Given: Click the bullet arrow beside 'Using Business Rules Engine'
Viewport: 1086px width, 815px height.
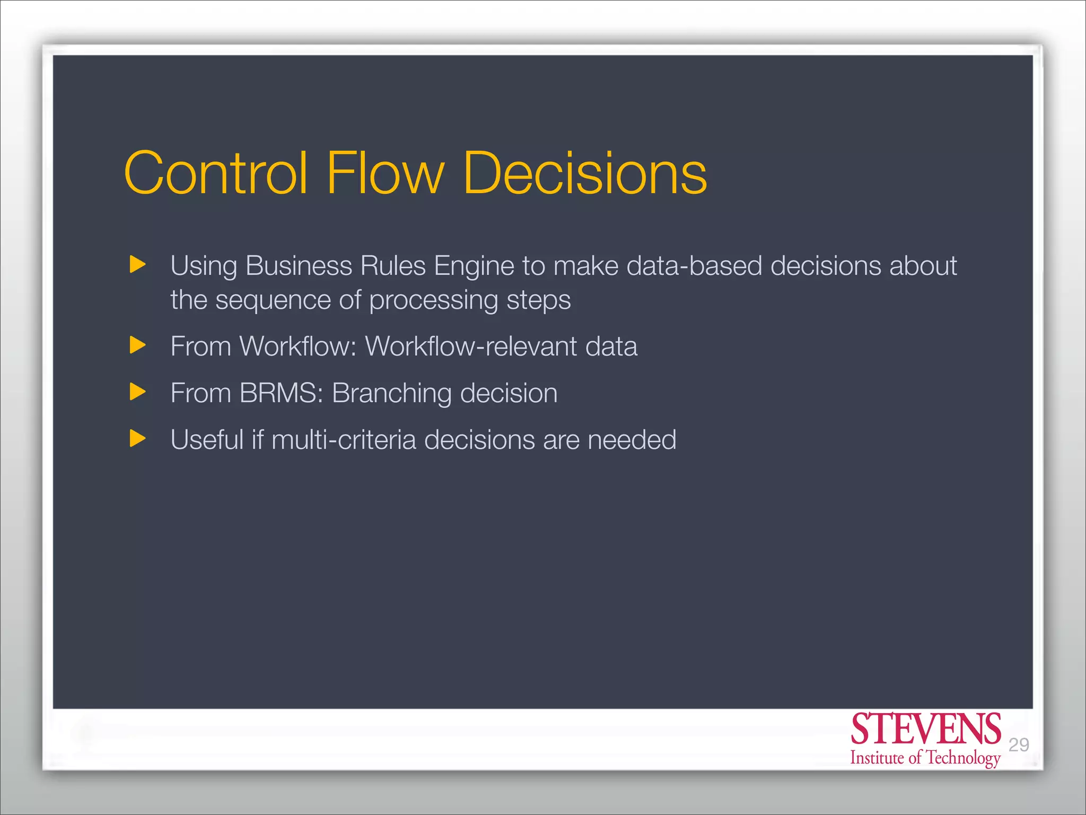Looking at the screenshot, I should click(x=137, y=264).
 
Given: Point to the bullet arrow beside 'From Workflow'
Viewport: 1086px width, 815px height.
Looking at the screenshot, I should click(x=137, y=345).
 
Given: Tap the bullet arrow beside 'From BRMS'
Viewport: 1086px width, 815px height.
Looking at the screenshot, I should click(x=137, y=392).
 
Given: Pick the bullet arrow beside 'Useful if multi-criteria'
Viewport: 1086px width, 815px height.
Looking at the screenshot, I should click(x=137, y=439).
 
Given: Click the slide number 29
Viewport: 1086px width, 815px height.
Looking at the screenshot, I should click(x=1018, y=745).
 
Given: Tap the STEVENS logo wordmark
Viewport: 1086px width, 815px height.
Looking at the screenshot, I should click(x=925, y=730).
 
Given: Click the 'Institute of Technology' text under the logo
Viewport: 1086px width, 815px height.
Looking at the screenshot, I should click(x=925, y=758).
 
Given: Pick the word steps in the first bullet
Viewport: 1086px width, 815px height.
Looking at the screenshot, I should click(x=538, y=301).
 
